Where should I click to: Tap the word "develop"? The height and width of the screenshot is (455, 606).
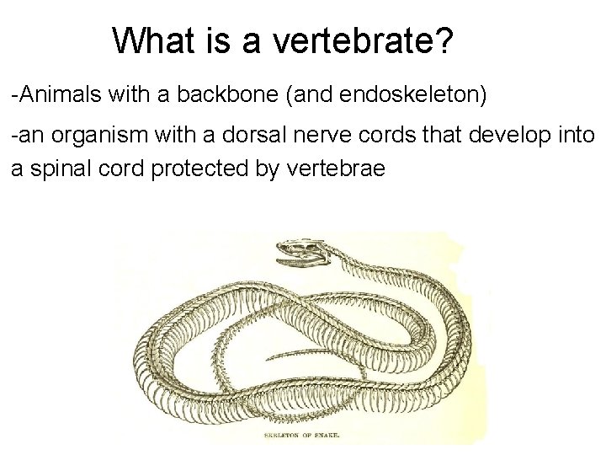tap(509, 136)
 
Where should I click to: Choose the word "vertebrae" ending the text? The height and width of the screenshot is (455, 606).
tap(336, 168)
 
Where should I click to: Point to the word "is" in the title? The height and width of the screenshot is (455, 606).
tap(210, 40)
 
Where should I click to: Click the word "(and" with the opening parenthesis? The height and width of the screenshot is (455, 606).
tap(308, 94)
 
